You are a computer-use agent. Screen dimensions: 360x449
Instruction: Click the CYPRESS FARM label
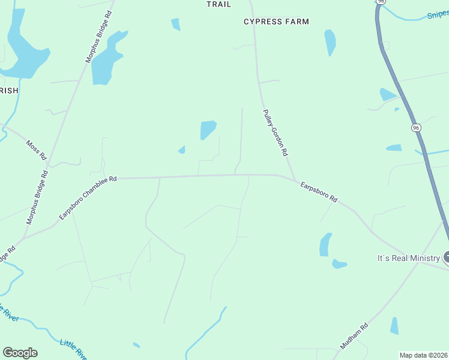click(276, 22)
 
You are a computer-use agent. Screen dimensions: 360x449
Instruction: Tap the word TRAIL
click(218, 4)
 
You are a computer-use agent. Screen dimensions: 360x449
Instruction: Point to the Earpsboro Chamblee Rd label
click(88, 198)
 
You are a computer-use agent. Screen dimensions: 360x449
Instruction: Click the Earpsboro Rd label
click(319, 191)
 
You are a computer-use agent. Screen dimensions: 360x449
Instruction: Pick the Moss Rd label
click(37, 150)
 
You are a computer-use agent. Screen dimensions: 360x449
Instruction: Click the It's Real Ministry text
click(408, 258)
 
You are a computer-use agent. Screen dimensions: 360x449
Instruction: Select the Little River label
click(73, 350)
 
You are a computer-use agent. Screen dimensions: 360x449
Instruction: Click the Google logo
click(20, 353)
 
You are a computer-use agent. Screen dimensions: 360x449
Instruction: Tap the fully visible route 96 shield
click(415, 128)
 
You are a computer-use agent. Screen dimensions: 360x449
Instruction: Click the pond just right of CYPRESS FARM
click(330, 42)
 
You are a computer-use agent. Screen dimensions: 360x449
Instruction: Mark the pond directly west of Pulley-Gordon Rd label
click(208, 129)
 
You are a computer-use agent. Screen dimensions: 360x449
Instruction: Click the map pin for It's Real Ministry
click(446, 258)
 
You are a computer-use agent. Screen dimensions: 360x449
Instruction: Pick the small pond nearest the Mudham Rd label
click(394, 326)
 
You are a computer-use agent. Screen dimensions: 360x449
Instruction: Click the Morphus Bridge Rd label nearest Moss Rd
click(36, 197)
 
